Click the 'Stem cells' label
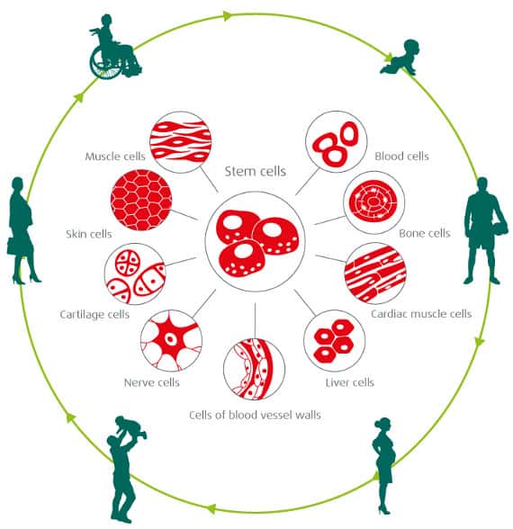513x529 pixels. (x=256, y=171)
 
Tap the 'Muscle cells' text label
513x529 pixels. (x=115, y=157)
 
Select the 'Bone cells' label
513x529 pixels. (x=425, y=233)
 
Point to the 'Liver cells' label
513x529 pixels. (x=349, y=382)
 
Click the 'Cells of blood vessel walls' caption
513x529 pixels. (x=255, y=415)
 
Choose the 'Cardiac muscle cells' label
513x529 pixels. (x=421, y=314)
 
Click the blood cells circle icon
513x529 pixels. (x=337, y=142)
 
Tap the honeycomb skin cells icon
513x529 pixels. (x=141, y=201)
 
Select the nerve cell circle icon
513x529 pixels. (x=171, y=340)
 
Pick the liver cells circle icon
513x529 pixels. (x=335, y=340)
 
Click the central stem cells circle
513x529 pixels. (x=256, y=241)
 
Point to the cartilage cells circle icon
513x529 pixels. (x=135, y=273)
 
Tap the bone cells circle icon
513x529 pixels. (x=374, y=202)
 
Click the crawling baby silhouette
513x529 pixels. (x=400, y=58)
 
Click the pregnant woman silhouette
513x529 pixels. (x=383, y=466)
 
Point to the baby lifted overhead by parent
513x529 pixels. (x=131, y=428)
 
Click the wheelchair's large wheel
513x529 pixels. (x=105, y=62)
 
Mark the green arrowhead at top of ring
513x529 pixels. (x=228, y=15)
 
